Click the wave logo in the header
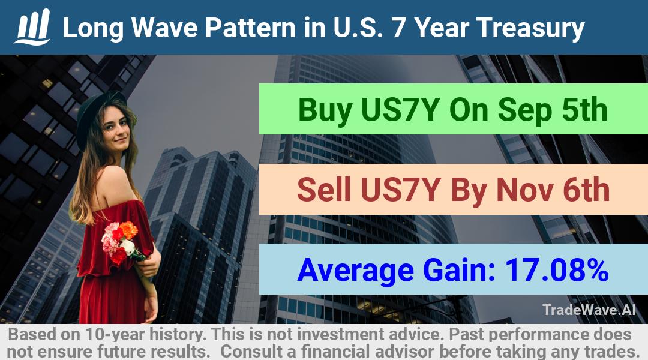[x=32, y=26]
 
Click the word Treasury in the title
[x=530, y=28]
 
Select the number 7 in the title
[x=398, y=28]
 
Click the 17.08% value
[x=557, y=269]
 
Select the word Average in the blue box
[x=355, y=271]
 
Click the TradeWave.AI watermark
[x=589, y=310]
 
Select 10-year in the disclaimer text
[x=115, y=335]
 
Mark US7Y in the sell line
[x=400, y=190]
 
